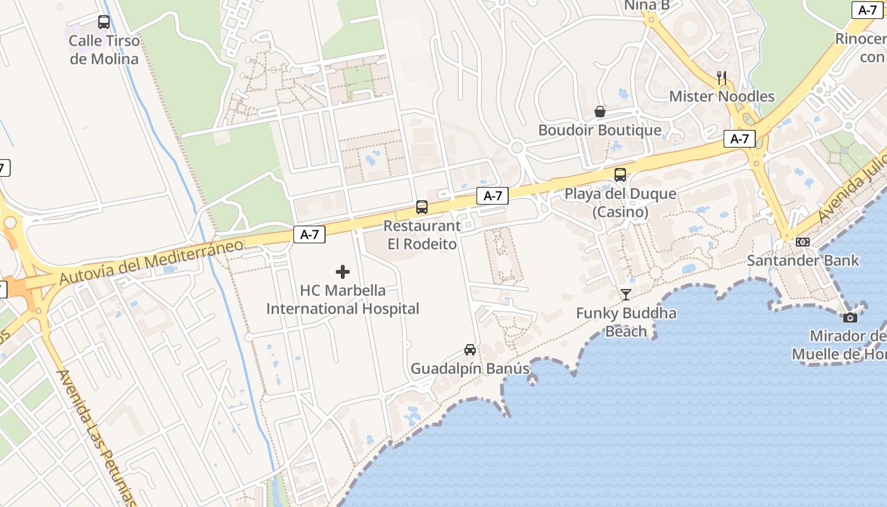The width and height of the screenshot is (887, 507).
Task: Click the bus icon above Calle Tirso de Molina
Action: (x=104, y=22)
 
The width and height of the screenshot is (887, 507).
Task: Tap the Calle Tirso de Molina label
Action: (x=103, y=50)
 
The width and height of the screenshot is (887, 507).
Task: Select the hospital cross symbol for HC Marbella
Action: (x=343, y=272)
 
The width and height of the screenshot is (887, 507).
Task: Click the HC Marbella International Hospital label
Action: (x=343, y=300)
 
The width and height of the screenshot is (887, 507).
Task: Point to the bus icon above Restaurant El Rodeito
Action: (x=422, y=207)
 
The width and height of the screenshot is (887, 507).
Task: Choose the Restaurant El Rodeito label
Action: (x=422, y=234)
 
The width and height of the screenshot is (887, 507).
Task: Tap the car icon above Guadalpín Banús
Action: (x=470, y=349)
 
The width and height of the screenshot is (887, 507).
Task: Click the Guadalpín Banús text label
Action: (x=470, y=368)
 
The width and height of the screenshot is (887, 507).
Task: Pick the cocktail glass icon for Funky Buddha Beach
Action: (x=626, y=294)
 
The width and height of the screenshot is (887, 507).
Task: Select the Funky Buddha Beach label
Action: (x=626, y=322)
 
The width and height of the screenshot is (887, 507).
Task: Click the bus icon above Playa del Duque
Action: (x=620, y=174)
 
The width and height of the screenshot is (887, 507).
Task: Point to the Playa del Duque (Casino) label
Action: (x=620, y=202)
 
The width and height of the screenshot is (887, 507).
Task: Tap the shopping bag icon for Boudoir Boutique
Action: (x=600, y=112)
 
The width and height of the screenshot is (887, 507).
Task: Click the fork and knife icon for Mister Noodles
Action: (x=722, y=77)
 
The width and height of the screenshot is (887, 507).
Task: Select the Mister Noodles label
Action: (x=722, y=96)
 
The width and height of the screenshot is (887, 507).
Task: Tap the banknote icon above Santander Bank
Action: (x=803, y=241)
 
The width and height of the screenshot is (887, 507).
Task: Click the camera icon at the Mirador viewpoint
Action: (x=850, y=317)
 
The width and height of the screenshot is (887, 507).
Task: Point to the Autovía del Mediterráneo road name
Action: (x=151, y=262)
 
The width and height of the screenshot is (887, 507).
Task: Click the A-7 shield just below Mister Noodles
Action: (x=739, y=139)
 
